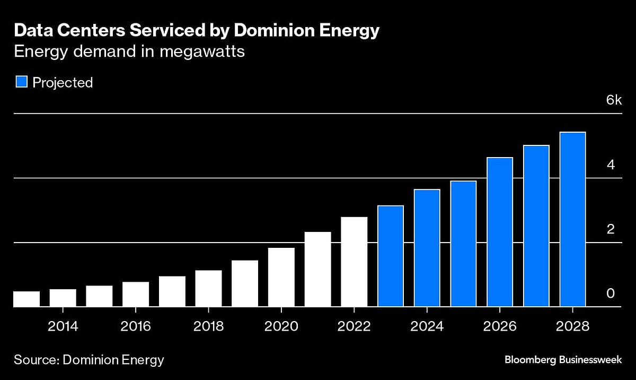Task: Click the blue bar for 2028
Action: pyautogui.click(x=572, y=219)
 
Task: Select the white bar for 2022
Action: pyautogui.click(x=354, y=262)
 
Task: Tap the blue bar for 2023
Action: pyautogui.click(x=391, y=256)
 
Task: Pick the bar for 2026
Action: pyautogui.click(x=500, y=232)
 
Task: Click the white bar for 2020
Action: pyautogui.click(x=281, y=277)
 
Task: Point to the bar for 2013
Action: pyautogui.click(x=26, y=299)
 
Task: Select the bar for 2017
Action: pyautogui.click(x=172, y=291)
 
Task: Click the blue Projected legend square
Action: pyautogui.click(x=21, y=82)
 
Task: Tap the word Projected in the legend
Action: pyautogui.click(x=63, y=83)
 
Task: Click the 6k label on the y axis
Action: pyautogui.click(x=614, y=100)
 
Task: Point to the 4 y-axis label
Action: pyautogui.click(x=611, y=165)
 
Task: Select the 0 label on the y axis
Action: pyautogui.click(x=611, y=293)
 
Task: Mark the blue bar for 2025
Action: pyautogui.click(x=463, y=244)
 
